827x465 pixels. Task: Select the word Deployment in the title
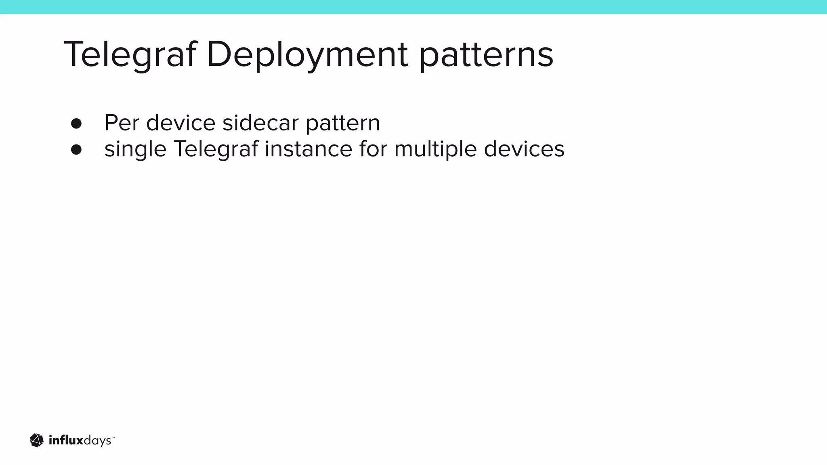[307, 54]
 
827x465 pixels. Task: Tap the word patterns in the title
[486, 55]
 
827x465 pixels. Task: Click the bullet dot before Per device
[76, 124]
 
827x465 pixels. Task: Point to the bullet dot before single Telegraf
[76, 150]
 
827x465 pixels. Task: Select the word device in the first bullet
[181, 123]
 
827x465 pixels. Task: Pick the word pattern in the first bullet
[343, 124]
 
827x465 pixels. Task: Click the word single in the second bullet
[135, 149]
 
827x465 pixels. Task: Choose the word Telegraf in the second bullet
[216, 149]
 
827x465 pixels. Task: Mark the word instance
[309, 149]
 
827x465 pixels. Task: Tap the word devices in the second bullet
[524, 149]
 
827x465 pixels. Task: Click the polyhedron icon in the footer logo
[37, 440]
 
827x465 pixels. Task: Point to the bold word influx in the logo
[66, 440]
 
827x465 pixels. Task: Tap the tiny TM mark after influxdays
[113, 437]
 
